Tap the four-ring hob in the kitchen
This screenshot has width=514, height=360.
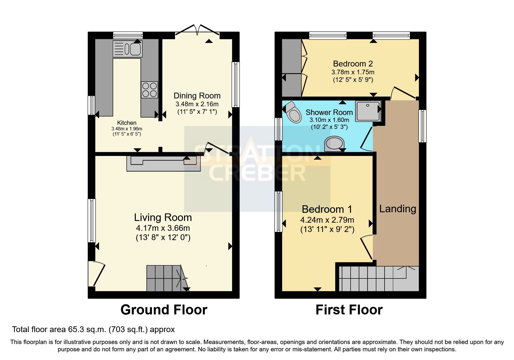tap(149, 89)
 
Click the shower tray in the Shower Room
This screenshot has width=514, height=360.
tap(368, 111)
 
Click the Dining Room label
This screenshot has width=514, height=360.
tap(197, 96)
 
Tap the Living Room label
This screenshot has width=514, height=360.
tap(163, 217)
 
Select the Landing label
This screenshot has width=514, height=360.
tap(397, 208)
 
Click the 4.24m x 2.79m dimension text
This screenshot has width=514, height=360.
tap(327, 220)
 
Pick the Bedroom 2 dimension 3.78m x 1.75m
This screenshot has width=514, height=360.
tap(353, 72)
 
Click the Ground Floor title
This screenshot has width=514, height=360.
tap(164, 310)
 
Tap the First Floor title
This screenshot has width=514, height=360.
tap(349, 310)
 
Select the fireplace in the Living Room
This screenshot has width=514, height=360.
tap(164, 163)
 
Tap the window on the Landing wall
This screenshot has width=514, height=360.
tap(422, 126)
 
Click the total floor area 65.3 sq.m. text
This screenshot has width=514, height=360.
tap(93, 330)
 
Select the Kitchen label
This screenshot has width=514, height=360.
tap(127, 123)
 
